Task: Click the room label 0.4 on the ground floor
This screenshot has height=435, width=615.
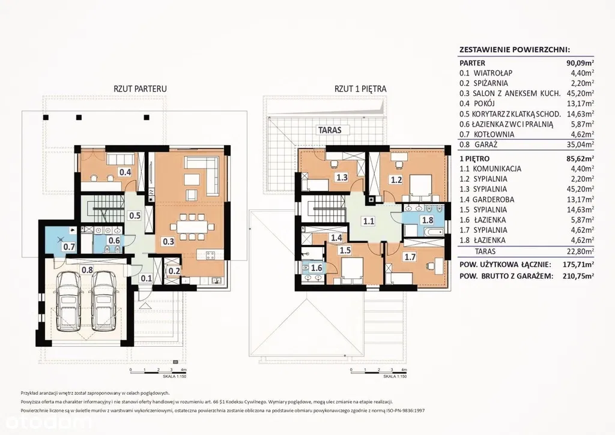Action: point(125,172)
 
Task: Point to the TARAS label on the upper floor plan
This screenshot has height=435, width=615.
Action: point(330,130)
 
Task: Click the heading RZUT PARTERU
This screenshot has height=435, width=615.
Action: point(140,89)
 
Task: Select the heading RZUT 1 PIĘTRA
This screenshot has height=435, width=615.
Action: point(360,89)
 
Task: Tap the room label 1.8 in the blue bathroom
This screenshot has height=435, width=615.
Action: point(427,220)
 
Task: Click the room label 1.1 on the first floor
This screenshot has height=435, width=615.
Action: point(368,221)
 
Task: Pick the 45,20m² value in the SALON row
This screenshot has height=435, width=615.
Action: point(581,93)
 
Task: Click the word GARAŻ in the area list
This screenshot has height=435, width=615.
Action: point(486,144)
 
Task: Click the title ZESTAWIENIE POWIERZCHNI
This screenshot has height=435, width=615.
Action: point(514,50)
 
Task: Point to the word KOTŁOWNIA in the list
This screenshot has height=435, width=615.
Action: point(494,134)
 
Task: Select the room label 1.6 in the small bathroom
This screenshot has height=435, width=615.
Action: point(316,268)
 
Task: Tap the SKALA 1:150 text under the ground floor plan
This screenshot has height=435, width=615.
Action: point(175,376)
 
